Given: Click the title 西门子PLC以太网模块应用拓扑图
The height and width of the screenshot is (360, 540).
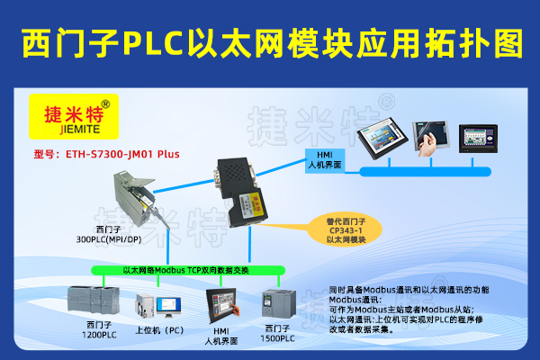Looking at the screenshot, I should pos(270,40).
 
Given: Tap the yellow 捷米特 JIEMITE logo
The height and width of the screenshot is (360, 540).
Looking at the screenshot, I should pos(75,116).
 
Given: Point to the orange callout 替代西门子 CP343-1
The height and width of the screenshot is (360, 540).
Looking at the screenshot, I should pos(346,229).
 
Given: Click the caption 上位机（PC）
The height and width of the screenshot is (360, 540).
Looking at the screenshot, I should pos(159,329).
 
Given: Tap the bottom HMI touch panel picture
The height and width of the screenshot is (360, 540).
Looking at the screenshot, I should pos(222,306).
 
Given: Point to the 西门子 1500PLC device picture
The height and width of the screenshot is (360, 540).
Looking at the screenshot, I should pos(275,306).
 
